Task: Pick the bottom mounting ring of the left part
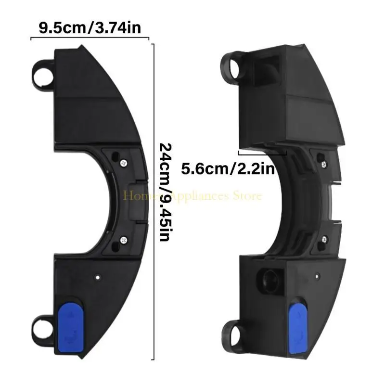pyautogui.click(x=42, y=331)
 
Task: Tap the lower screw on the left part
pyautogui.click(x=125, y=239)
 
